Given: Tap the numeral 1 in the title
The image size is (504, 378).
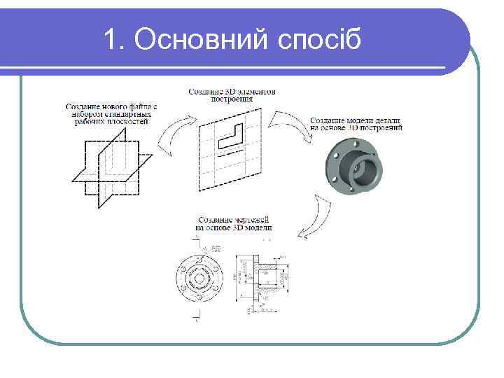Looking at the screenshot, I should point(110,40).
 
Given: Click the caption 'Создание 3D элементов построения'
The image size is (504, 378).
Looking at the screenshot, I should point(232,94).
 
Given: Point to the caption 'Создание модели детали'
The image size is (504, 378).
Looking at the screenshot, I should point(356,125).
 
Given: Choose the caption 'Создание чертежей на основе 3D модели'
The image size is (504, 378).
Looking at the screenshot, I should point(234,224).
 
